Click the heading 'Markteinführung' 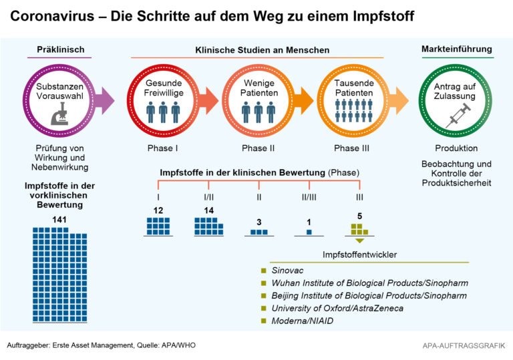(457, 49)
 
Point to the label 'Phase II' (258, 148)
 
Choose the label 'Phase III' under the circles (352, 148)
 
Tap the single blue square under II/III (309, 232)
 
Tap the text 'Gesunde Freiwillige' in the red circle (164, 87)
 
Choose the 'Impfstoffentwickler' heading (360, 254)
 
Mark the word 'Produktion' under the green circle (457, 148)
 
